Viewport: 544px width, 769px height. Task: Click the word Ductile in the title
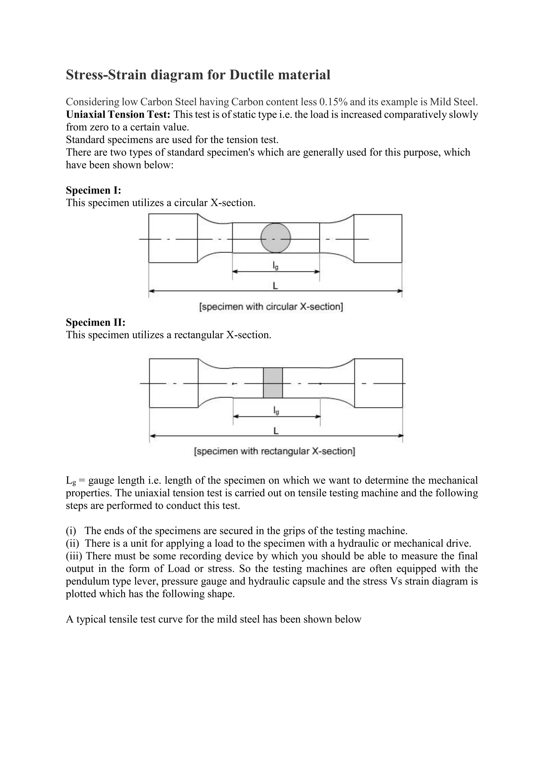[251, 75]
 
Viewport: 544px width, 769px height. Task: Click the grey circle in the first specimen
[276, 238]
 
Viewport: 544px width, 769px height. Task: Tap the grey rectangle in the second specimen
[273, 383]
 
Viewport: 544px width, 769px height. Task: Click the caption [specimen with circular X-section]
[271, 307]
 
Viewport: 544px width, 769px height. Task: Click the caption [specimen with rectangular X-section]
[275, 451]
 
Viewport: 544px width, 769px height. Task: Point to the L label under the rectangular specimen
[276, 431]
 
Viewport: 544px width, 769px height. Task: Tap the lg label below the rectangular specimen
[276, 411]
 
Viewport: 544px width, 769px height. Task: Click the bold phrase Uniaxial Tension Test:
[118, 114]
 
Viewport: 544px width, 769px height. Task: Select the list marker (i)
[71, 531]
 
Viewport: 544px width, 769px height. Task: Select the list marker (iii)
[74, 556]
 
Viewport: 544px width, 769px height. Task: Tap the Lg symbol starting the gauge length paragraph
[71, 481]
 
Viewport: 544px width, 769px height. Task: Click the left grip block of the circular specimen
[173, 238]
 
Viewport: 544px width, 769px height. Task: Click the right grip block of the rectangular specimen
[379, 383]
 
